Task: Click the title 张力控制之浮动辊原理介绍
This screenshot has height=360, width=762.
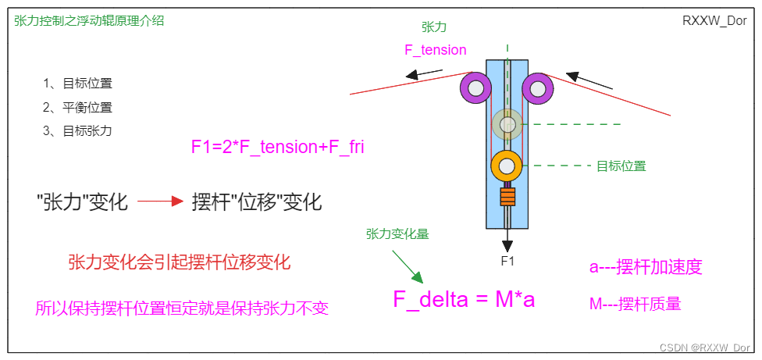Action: [x=89, y=21]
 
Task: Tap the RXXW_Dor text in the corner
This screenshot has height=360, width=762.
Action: [x=714, y=21]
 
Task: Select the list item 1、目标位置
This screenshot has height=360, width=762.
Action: [x=78, y=84]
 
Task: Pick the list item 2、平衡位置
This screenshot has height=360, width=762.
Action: [x=78, y=107]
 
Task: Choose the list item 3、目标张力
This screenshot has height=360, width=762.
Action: [x=78, y=130]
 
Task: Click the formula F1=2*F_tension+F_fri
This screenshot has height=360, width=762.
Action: [x=278, y=146]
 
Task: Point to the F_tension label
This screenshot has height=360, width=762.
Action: [x=435, y=50]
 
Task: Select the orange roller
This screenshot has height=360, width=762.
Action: [x=507, y=166]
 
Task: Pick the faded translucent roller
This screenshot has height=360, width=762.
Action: [x=507, y=123]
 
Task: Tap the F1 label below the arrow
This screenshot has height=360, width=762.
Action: [x=507, y=261]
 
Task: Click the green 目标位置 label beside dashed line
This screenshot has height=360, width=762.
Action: [x=621, y=166]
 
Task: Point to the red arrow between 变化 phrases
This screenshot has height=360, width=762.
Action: [x=161, y=202]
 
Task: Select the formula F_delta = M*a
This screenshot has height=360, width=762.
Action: [x=464, y=298]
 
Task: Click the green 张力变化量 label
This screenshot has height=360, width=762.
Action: [x=397, y=233]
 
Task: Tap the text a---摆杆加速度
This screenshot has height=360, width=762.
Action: [x=646, y=267]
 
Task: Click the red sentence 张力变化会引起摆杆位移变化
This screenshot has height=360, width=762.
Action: [x=180, y=262]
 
